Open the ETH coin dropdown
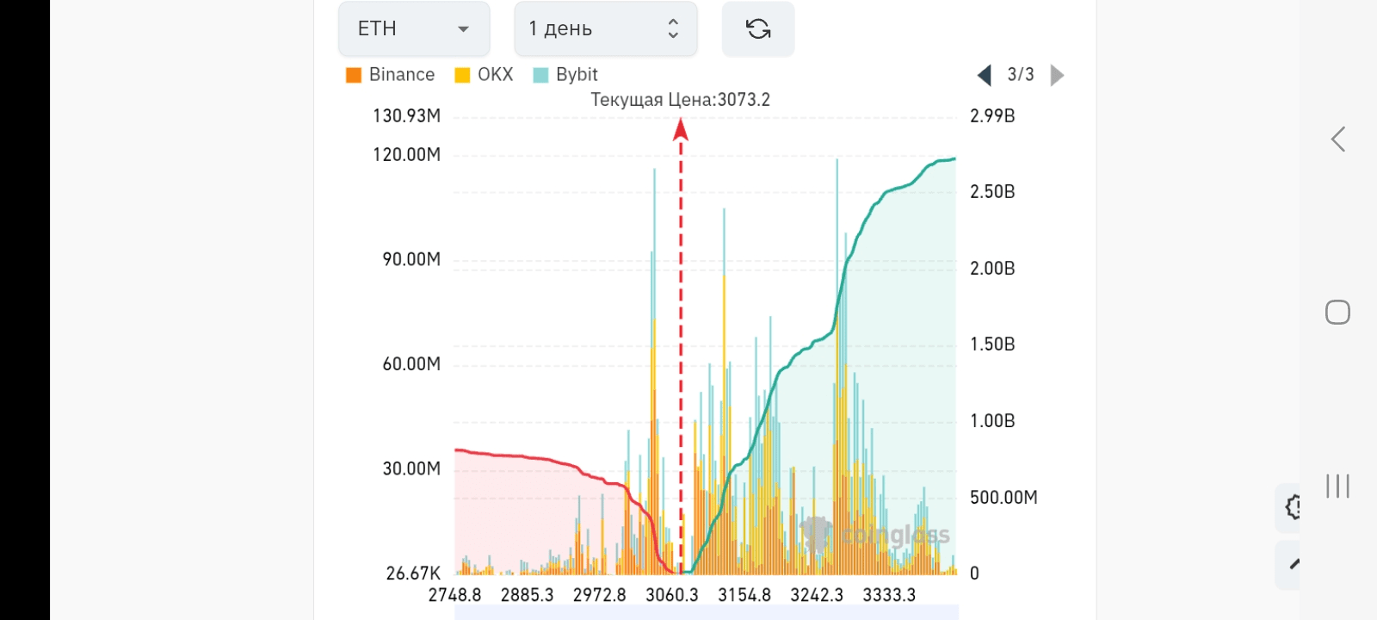414,29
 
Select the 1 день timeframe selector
605,29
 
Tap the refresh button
757,29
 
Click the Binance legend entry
391,75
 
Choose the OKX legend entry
485,75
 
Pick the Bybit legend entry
565,75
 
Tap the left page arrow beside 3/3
985,76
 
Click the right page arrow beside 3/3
1058,76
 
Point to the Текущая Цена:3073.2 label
680,100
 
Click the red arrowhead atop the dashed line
681,129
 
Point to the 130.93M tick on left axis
406,116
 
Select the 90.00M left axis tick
411,260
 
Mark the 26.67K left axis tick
413,573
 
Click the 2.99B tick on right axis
992,116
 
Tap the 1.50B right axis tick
992,344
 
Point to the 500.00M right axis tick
1003,498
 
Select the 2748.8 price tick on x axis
455,595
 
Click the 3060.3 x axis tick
672,595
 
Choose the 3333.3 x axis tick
889,595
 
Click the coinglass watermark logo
876,536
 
